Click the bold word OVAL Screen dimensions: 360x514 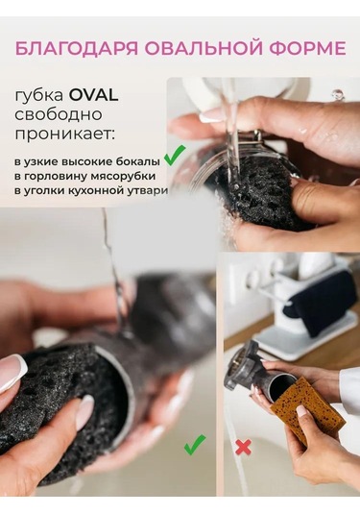pos(93,95)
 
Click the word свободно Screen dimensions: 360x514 pos(59,114)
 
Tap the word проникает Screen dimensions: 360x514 pos(65,135)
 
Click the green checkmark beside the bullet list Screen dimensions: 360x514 pos(175,156)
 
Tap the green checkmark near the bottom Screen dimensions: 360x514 pos(195,445)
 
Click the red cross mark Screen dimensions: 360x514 pos(244,447)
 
